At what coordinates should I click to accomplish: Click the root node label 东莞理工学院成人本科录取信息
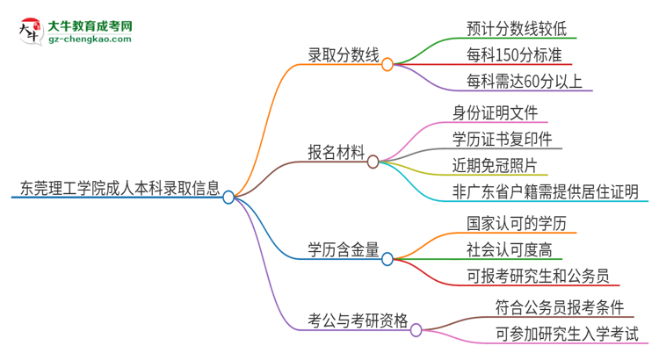116,186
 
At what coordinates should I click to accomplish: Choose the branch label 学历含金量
344,249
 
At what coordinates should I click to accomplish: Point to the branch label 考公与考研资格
358,321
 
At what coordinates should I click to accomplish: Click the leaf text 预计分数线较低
516,27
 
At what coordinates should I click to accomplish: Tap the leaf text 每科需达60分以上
525,82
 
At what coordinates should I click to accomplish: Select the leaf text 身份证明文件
495,112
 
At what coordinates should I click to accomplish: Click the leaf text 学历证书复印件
502,139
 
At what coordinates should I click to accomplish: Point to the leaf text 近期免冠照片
495,165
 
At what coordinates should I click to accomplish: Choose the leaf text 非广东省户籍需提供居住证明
545,191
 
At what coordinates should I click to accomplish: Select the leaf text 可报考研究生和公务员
537,275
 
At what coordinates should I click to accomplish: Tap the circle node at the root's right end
228,198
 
